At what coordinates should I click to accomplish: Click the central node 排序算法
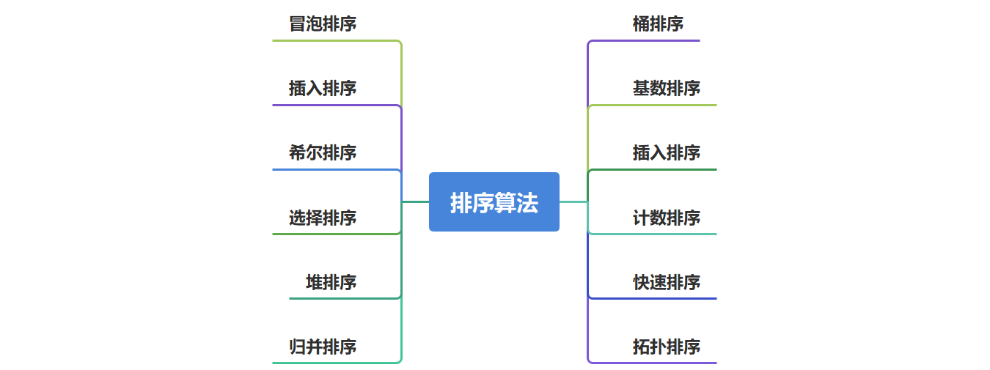(494, 202)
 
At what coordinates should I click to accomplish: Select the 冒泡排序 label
(323, 24)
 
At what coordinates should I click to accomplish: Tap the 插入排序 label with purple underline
(323, 89)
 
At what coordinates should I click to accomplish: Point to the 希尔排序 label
(323, 153)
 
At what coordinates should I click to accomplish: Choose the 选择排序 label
(323, 218)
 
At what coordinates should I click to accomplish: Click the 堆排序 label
(331, 282)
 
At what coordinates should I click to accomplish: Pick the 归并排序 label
(323, 347)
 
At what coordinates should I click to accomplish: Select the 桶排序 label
(658, 24)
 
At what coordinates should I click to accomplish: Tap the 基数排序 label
(667, 89)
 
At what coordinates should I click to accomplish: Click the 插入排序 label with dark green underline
(667, 153)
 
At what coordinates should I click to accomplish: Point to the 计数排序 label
(667, 218)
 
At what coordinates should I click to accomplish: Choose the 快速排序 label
(667, 282)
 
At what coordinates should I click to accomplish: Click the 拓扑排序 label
(667, 347)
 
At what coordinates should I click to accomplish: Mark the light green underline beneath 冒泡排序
(334, 40)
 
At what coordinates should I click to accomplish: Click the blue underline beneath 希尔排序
(334, 169)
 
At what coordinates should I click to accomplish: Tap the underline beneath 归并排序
(334, 363)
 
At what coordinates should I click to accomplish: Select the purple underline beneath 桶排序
(645, 40)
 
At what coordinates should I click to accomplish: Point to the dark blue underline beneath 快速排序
(653, 298)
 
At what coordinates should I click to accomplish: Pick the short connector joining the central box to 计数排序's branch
(573, 201)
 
